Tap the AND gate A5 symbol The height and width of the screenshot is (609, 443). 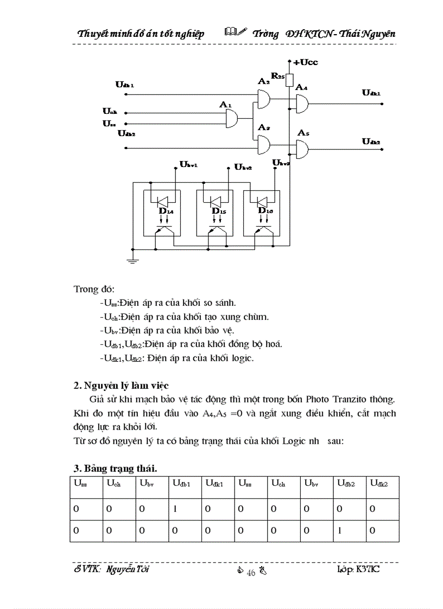pyautogui.click(x=302, y=147)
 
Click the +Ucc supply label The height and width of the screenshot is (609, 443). pyautogui.click(x=305, y=62)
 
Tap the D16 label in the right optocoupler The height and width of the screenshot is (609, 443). pyautogui.click(x=265, y=210)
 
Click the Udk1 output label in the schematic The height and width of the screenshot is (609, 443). pyautogui.click(x=371, y=93)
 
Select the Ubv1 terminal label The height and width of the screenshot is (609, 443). pyautogui.click(x=188, y=164)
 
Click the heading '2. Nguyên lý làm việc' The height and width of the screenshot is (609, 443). pyautogui.click(x=121, y=386)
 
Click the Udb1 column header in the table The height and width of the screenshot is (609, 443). pyautogui.click(x=181, y=482)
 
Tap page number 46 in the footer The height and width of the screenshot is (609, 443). pyautogui.click(x=251, y=573)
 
